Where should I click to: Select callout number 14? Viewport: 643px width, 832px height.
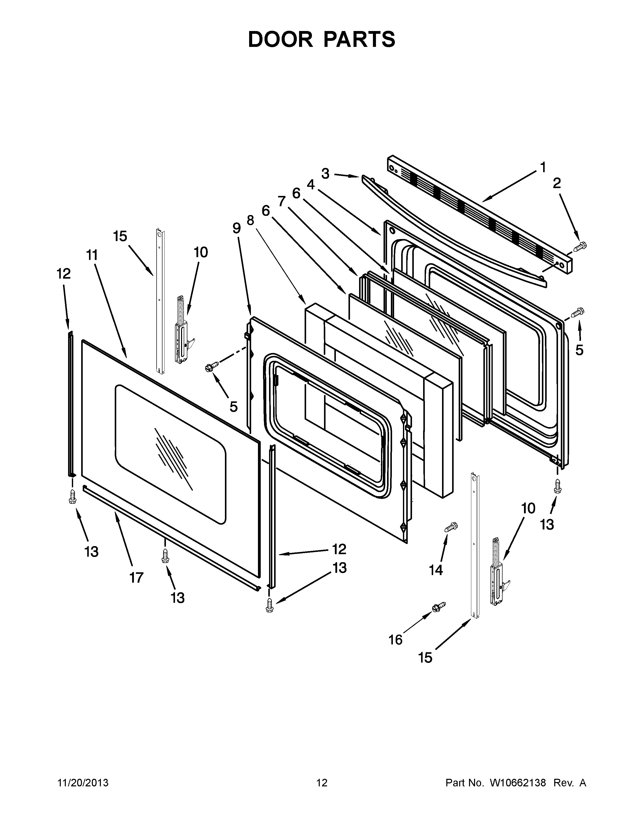[x=436, y=570]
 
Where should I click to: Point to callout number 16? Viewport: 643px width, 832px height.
[x=395, y=640]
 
